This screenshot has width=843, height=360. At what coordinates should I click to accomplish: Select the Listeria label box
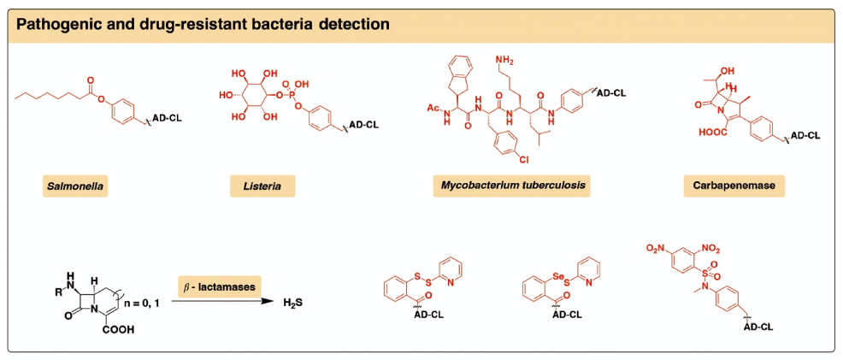(263, 186)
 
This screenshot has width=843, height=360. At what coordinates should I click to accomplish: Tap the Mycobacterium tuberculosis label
(516, 186)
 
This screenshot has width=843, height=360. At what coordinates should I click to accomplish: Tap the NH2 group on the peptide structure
(505, 59)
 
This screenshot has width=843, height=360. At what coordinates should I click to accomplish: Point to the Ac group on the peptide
(432, 109)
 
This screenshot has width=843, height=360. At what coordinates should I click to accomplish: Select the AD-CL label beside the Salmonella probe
(168, 115)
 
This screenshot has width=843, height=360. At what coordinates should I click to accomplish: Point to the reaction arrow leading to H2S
(222, 302)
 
